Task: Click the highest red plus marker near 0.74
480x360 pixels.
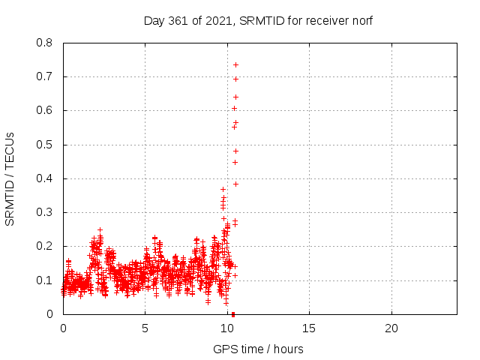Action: pos(235,65)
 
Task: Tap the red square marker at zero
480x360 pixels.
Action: pos(233,314)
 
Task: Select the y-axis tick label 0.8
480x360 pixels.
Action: pos(44,43)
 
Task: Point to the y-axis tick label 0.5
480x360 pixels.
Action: pos(44,145)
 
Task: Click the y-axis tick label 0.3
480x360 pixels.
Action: pos(44,212)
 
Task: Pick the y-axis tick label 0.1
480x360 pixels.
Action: pos(44,280)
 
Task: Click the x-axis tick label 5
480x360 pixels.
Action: pos(145,328)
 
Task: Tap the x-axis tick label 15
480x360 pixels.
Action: pos(308,328)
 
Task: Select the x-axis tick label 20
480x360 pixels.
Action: pos(391,328)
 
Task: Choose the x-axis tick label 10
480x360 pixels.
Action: pos(226,328)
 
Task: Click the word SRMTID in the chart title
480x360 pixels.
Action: pos(262,21)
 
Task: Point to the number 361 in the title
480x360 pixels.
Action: pos(178,21)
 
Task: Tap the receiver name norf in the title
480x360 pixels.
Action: pos(362,21)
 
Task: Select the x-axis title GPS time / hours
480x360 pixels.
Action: pos(258,349)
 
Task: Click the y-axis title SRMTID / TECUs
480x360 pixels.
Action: pos(10,179)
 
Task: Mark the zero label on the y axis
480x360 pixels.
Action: pos(49,314)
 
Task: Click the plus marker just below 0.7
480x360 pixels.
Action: pos(235,79)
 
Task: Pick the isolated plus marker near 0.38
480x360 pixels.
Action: pos(235,184)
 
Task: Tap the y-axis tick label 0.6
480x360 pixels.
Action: pos(44,110)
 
